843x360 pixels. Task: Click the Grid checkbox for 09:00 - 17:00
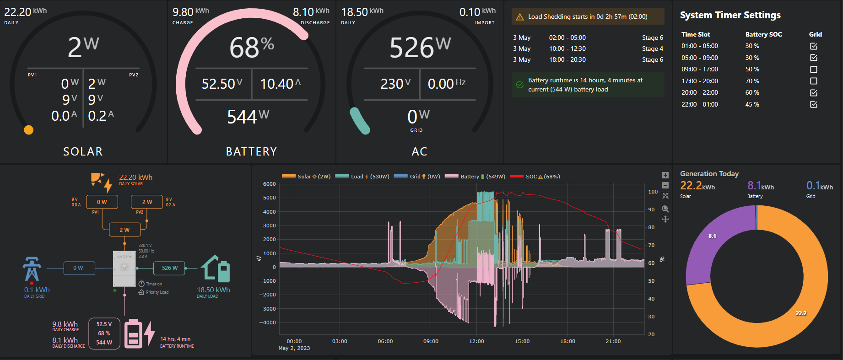pos(813,70)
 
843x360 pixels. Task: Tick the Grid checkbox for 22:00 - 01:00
pos(813,104)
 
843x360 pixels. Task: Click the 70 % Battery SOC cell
pos(752,81)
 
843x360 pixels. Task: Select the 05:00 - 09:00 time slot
pos(699,58)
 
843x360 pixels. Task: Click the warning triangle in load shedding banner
pos(519,17)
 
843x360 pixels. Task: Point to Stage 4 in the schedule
pos(652,48)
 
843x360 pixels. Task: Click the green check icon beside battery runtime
pos(519,85)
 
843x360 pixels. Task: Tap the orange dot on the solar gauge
pos(29,130)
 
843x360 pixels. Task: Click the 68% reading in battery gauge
pos(251,47)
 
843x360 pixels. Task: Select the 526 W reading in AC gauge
pos(420,47)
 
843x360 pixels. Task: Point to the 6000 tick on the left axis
pos(269,184)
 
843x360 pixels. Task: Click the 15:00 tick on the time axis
pos(522,341)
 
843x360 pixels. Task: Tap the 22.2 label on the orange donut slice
pos(801,313)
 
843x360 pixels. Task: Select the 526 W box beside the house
pos(169,268)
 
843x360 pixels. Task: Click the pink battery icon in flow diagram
pos(133,334)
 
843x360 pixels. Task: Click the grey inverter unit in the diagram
pos(124,268)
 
